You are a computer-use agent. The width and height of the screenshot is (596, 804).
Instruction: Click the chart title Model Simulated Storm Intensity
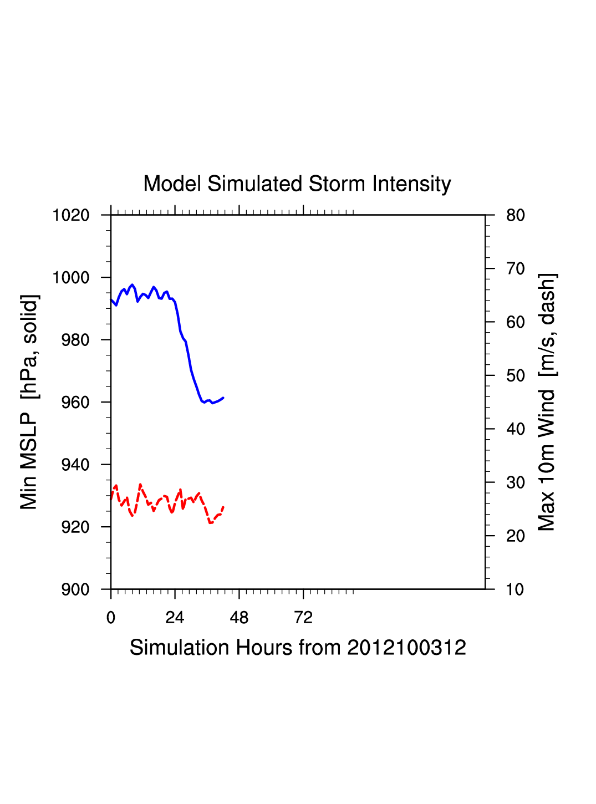pos(297,184)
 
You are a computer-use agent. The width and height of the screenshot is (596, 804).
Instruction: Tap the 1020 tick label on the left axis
pos(71,215)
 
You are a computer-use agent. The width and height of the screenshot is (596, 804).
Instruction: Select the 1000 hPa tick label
pos(71,278)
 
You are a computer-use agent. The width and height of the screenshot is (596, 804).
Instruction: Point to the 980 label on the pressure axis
pos(75,340)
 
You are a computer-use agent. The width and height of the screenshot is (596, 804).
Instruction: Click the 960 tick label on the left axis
pos(75,403)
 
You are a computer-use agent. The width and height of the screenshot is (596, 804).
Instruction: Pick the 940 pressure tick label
pos(75,465)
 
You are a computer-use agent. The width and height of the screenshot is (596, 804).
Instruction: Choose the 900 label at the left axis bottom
pos(75,589)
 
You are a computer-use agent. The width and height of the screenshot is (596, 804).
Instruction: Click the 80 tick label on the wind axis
pos(516,215)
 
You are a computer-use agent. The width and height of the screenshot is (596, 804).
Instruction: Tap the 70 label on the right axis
pos(516,269)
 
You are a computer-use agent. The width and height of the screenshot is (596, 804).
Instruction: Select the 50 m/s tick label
pos(516,376)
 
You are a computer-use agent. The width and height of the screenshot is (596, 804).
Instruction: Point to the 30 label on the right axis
pos(516,483)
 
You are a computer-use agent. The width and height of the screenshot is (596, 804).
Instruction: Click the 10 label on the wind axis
pos(516,589)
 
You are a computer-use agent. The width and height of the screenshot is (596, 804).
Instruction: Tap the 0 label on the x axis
pos(111,618)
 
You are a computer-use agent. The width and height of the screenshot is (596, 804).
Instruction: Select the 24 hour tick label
pos(175,618)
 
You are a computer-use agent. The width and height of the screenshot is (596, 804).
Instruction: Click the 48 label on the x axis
pos(239,618)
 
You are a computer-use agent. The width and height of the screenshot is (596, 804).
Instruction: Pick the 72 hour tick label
pos(303,618)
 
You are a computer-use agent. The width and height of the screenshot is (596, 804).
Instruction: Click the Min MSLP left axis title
pos(29,402)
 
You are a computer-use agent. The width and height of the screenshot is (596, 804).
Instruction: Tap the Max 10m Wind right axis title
pos(547,402)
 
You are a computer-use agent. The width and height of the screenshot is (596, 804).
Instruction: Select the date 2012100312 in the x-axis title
pos(406,648)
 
